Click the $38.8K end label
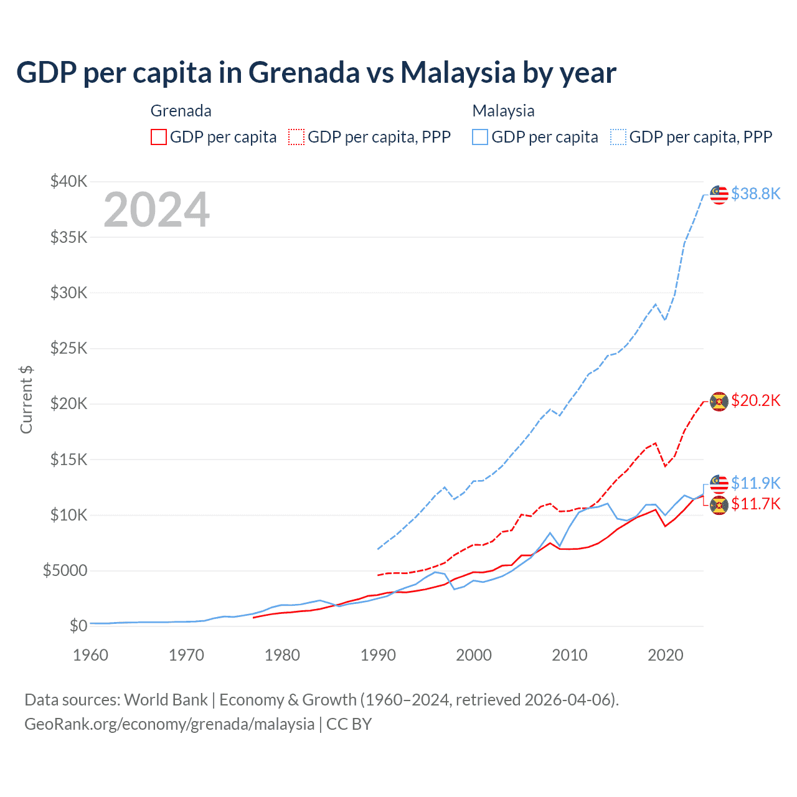[x=755, y=194]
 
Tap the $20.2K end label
[x=755, y=400]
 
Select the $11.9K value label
[x=755, y=483]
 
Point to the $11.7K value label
[x=755, y=504]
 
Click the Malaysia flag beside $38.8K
[x=719, y=194]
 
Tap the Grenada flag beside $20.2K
[x=719, y=402]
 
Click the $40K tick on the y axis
[x=69, y=181]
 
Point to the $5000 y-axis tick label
[x=65, y=570]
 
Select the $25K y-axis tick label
[x=69, y=348]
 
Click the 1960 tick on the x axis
[x=91, y=655]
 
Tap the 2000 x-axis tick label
[x=474, y=655]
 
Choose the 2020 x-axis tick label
[x=666, y=655]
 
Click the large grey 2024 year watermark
[x=156, y=210]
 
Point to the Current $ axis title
[x=26, y=399]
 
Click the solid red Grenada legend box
[x=159, y=137]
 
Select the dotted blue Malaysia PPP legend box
[x=618, y=137]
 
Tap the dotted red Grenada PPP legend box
[x=296, y=137]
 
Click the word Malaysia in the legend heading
[x=503, y=111]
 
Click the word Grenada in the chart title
[x=304, y=72]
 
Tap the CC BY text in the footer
[x=349, y=724]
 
